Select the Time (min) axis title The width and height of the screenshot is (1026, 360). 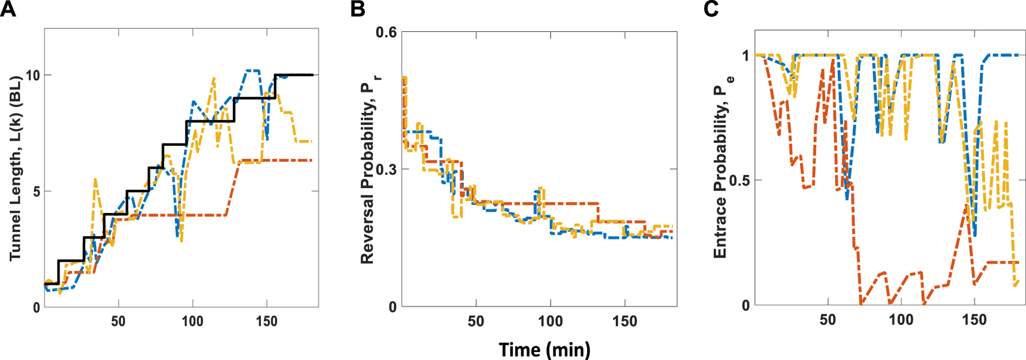pyautogui.click(x=544, y=350)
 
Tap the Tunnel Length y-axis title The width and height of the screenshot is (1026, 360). pyautogui.click(x=16, y=168)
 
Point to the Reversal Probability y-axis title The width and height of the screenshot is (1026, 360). pyautogui.click(x=369, y=168)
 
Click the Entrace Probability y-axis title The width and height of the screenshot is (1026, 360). pyautogui.click(x=721, y=168)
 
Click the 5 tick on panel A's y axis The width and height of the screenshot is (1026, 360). pyautogui.click(x=36, y=192)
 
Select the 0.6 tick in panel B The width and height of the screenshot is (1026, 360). pyautogui.click(x=386, y=32)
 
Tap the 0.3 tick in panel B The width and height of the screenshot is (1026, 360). pyautogui.click(x=386, y=170)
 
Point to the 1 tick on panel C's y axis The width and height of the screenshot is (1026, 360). pyautogui.click(x=746, y=56)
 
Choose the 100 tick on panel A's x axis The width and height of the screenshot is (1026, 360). pyautogui.click(x=192, y=321)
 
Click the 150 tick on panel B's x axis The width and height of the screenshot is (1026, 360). pyautogui.click(x=624, y=321)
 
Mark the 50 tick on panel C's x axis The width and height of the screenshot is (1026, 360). pyautogui.click(x=827, y=319)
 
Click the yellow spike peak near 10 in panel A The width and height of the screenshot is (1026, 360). pyautogui.click(x=214, y=78)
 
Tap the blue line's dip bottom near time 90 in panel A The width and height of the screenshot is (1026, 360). pyautogui.click(x=177, y=236)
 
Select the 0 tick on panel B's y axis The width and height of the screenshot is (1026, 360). pyautogui.click(x=393, y=307)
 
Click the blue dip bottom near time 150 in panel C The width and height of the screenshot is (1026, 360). pyautogui.click(x=975, y=236)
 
